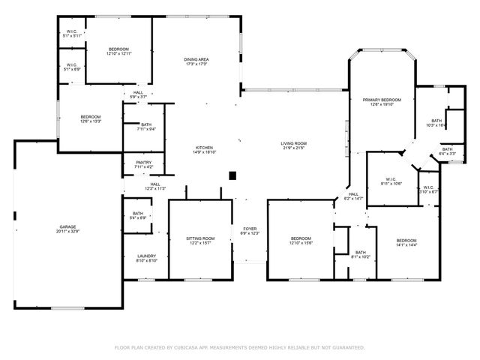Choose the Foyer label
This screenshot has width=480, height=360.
249,230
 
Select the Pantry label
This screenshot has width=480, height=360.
144,164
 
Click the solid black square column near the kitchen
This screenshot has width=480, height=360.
232,175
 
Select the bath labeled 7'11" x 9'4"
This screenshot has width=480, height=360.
146,127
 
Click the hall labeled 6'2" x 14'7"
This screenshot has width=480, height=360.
352,196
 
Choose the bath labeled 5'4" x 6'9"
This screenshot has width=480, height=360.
139,215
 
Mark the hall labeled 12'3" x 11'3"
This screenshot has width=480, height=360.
155,186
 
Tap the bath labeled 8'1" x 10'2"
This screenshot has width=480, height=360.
360,255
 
